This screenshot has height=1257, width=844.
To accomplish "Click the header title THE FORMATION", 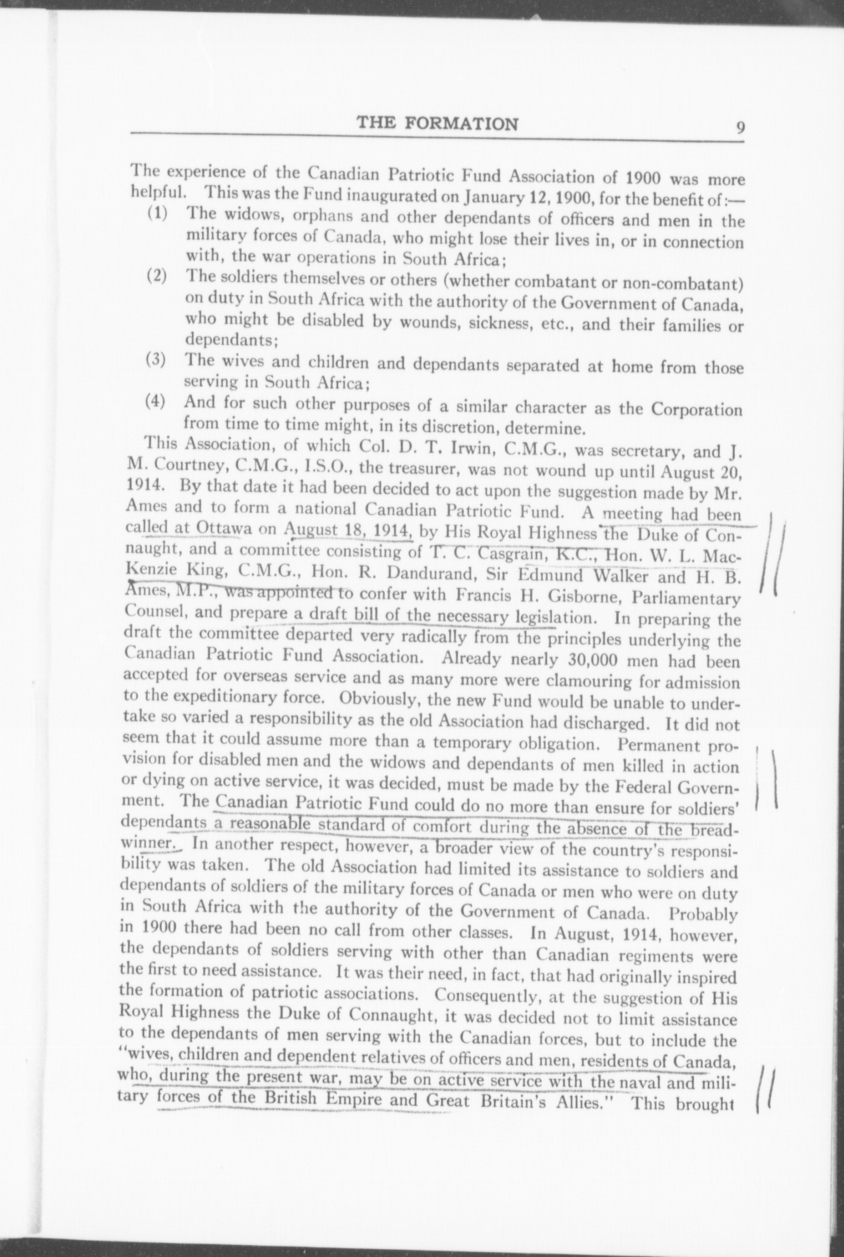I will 438,124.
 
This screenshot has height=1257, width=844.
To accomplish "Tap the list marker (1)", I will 158,214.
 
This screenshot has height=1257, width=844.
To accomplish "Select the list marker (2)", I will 157,277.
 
